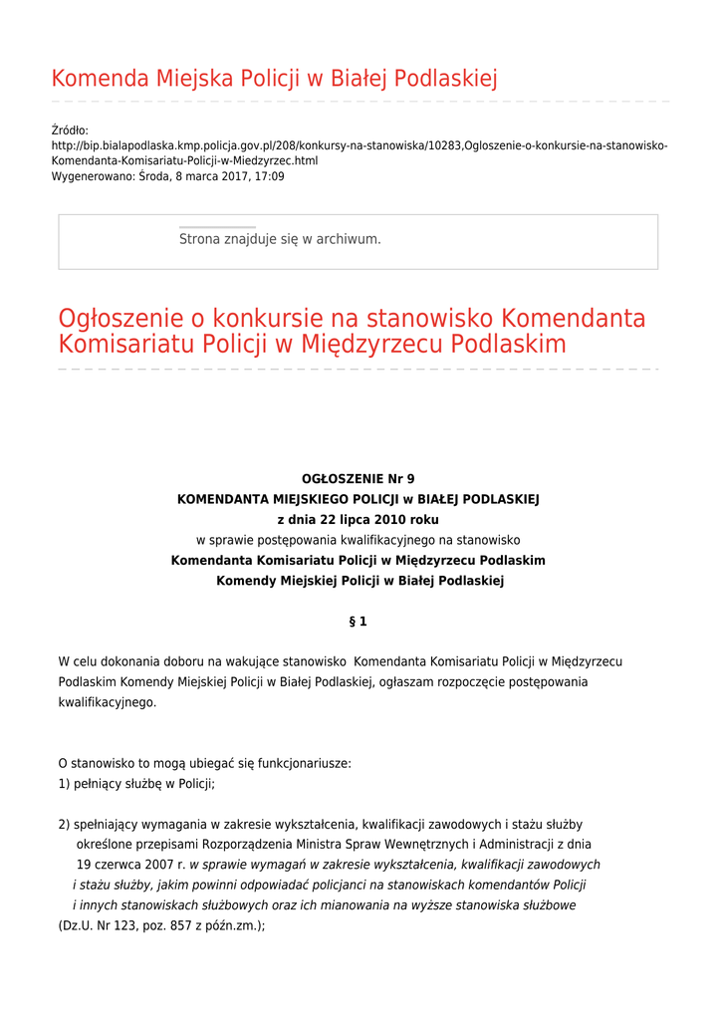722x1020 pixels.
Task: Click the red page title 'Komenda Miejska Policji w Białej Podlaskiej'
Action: (x=274, y=79)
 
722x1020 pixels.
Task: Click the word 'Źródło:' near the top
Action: (x=70, y=130)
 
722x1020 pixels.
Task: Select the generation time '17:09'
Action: (x=269, y=176)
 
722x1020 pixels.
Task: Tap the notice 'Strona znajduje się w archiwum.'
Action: (x=280, y=239)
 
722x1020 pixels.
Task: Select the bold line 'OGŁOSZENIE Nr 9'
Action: (x=358, y=479)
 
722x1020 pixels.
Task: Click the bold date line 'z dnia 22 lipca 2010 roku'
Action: (x=358, y=520)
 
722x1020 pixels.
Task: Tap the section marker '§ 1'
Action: (x=358, y=622)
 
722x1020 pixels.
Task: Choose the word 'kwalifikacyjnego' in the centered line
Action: (x=388, y=540)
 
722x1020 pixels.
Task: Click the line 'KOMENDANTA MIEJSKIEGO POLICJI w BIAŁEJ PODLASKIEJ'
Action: (x=358, y=499)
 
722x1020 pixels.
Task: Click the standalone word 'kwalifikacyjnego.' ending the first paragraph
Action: (x=108, y=702)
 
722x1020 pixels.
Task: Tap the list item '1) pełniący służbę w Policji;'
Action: (x=136, y=784)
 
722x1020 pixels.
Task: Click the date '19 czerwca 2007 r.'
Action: (x=131, y=865)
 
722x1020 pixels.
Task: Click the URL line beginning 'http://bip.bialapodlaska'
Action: (x=359, y=145)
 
